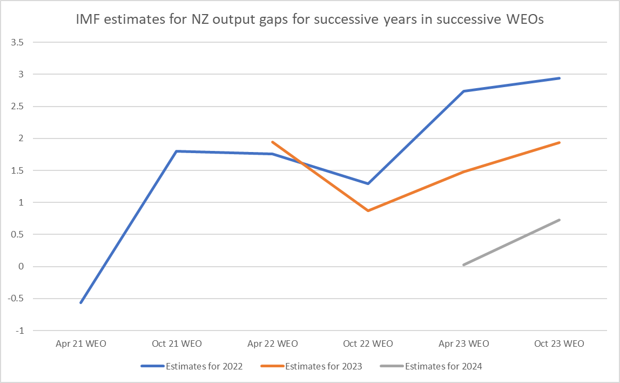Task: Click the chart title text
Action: pyautogui.click(x=310, y=22)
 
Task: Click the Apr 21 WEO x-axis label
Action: pyautogui.click(x=81, y=344)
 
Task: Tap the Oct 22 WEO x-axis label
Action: pyautogui.click(x=368, y=344)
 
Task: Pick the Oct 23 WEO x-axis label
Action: pyautogui.click(x=560, y=344)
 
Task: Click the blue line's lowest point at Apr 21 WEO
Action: pyautogui.click(x=81, y=302)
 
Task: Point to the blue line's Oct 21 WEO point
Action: pyautogui.click(x=177, y=151)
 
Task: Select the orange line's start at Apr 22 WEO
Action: pyautogui.click(x=272, y=142)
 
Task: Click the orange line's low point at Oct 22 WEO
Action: pyautogui.click(x=368, y=210)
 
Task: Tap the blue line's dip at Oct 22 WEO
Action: pyautogui.click(x=368, y=183)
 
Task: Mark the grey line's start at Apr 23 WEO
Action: pyautogui.click(x=464, y=265)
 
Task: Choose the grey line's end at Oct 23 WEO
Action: pyautogui.click(x=560, y=220)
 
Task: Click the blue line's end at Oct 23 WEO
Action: pyautogui.click(x=560, y=78)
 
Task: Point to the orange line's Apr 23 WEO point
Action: pyautogui.click(x=464, y=171)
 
